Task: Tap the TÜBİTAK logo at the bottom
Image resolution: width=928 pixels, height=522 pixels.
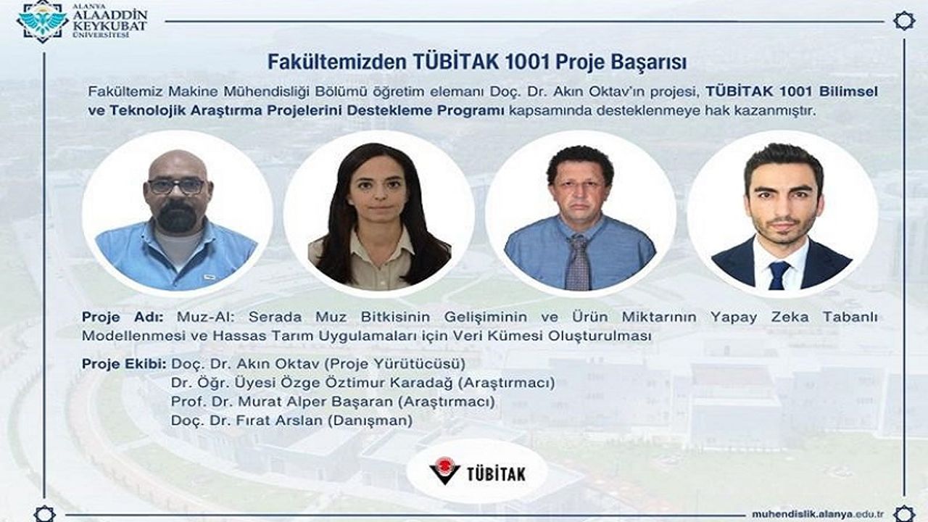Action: [477, 471]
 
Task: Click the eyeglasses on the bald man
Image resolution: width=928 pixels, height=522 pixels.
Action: [177, 186]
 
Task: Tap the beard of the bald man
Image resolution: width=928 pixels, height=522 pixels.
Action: [178, 216]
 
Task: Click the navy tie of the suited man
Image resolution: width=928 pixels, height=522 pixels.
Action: [779, 275]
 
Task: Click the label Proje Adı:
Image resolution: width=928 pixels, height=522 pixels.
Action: [123, 318]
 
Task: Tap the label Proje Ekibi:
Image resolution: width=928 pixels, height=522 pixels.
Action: [124, 364]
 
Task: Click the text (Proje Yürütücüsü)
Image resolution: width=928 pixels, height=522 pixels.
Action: [395, 364]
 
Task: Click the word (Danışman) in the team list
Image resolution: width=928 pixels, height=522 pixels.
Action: [370, 421]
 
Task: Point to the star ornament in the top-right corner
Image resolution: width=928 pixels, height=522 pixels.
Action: [904, 21]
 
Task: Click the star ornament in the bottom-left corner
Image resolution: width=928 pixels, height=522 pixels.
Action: [44, 515]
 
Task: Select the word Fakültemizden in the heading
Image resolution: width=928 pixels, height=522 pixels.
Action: [337, 62]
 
